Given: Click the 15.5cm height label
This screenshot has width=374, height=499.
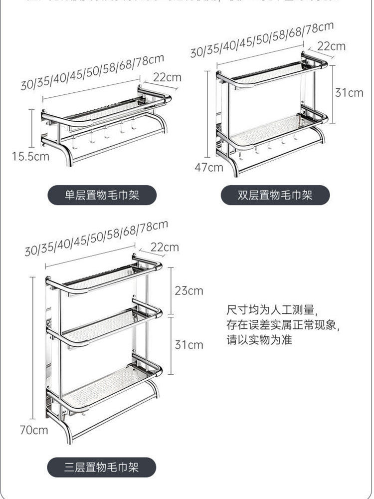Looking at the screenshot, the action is tap(31, 156).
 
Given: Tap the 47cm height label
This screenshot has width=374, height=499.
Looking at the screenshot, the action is tap(209, 167).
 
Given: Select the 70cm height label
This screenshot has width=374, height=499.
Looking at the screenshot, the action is tap(34, 430).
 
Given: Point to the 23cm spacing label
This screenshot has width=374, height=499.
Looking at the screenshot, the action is tap(189, 290).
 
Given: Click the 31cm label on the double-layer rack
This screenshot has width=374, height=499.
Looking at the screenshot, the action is tap(349, 93).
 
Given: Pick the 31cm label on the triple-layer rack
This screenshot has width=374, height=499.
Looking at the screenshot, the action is tap(189, 344).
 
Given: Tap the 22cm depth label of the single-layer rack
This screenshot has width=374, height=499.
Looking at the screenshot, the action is tap(167, 78).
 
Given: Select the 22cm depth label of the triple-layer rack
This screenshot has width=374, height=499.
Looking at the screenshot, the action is tap(165, 247).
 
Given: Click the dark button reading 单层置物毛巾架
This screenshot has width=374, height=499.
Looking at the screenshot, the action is tap(102, 195).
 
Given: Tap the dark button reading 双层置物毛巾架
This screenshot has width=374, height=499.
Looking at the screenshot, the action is tap(275, 195).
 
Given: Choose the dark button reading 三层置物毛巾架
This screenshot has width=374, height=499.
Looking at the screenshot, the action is tap(102, 468).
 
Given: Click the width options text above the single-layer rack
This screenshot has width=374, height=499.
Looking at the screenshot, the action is tap(92, 72).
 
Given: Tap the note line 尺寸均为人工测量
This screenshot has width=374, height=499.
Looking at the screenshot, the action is tap(271, 311).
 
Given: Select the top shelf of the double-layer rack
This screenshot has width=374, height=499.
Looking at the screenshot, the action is tap(272, 74).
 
